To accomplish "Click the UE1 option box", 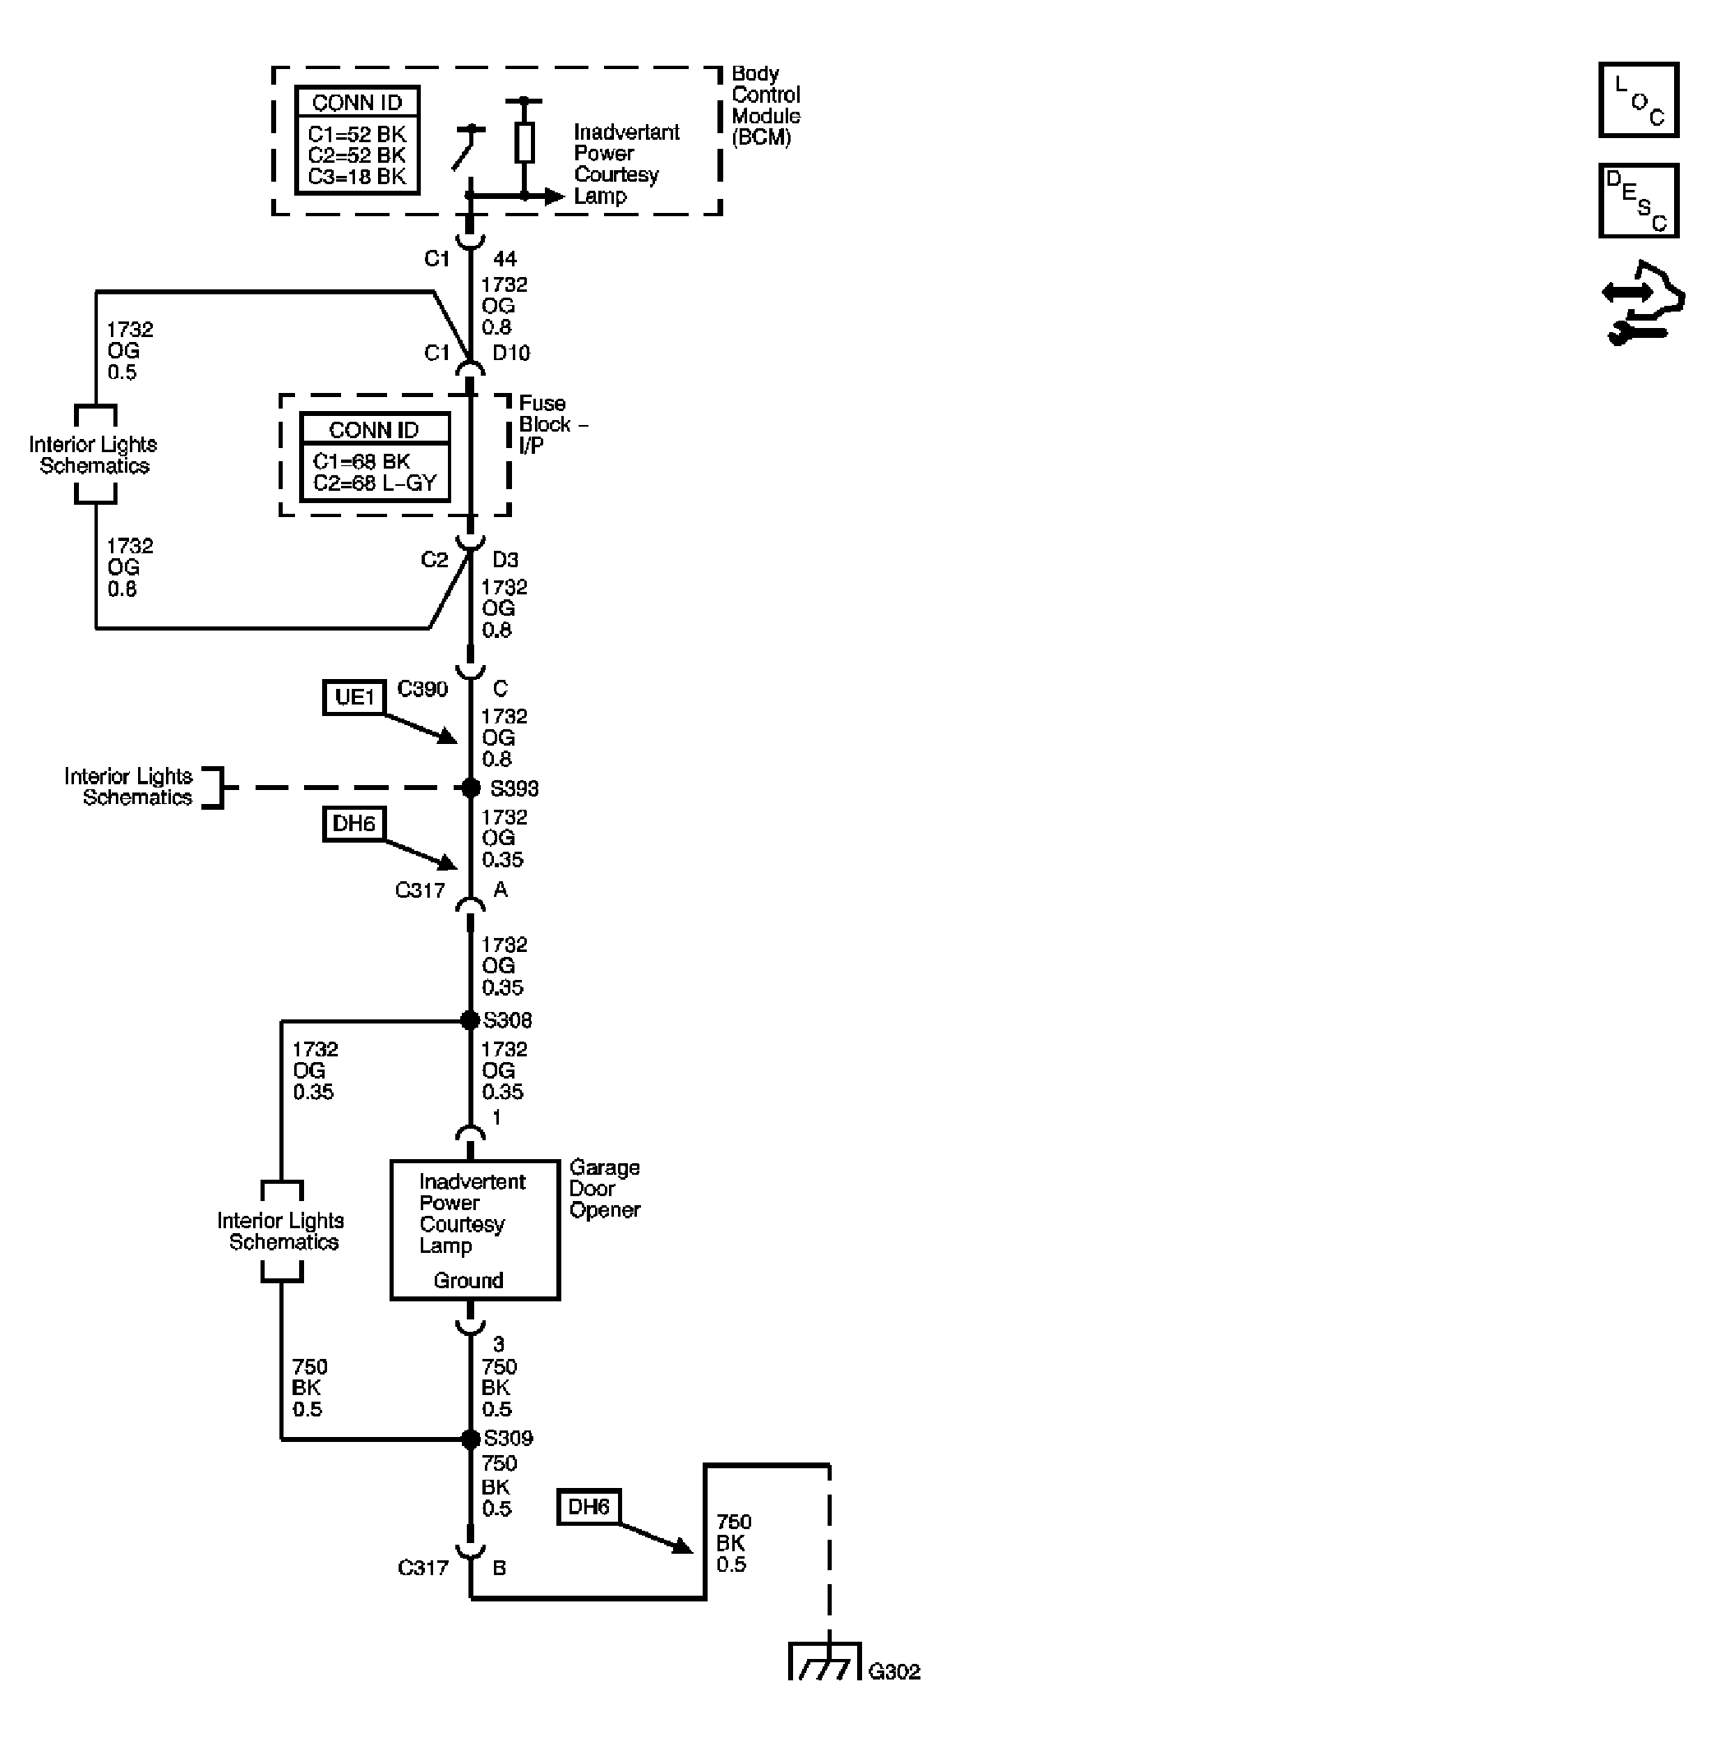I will (353, 697).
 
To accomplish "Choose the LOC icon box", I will (1638, 100).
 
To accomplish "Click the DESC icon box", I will (1638, 200).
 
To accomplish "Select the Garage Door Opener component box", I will (474, 1230).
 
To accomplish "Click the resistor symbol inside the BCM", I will (524, 142).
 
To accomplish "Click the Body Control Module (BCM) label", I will (764, 105).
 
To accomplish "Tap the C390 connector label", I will (422, 690).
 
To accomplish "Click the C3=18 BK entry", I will (357, 177).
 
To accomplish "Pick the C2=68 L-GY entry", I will (374, 483).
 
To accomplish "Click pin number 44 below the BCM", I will (505, 259).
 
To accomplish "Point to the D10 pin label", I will (511, 353).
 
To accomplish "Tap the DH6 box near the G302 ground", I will (588, 1507).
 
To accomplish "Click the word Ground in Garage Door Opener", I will (468, 1280).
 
